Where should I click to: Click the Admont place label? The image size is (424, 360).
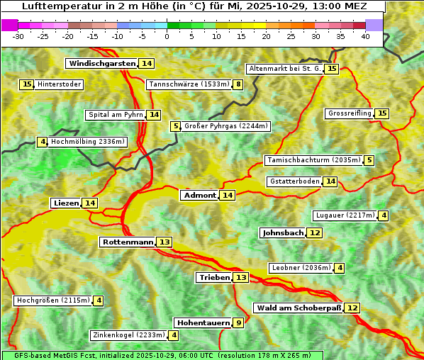click(x=199, y=195)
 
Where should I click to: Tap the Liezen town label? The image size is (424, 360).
click(x=66, y=203)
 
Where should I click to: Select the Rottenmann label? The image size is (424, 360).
click(x=128, y=242)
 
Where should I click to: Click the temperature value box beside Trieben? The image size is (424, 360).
click(x=241, y=278)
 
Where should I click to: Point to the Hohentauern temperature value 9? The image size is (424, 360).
click(x=239, y=323)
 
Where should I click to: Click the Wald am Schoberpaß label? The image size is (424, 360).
click(x=298, y=308)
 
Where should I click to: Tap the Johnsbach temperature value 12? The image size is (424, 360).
click(x=315, y=233)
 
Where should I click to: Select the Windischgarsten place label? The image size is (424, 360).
click(x=101, y=64)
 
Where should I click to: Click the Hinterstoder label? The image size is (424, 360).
click(x=60, y=85)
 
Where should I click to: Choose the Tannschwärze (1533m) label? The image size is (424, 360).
click(x=189, y=85)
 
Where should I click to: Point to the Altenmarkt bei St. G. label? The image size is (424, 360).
click(x=284, y=69)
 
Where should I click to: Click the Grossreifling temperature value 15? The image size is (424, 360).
click(x=382, y=113)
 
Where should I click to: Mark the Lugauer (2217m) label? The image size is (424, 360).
click(x=345, y=215)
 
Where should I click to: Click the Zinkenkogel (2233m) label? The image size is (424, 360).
click(x=128, y=335)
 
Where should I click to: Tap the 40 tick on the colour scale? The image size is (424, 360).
click(x=365, y=36)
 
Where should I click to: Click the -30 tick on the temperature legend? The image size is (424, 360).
click(x=18, y=36)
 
